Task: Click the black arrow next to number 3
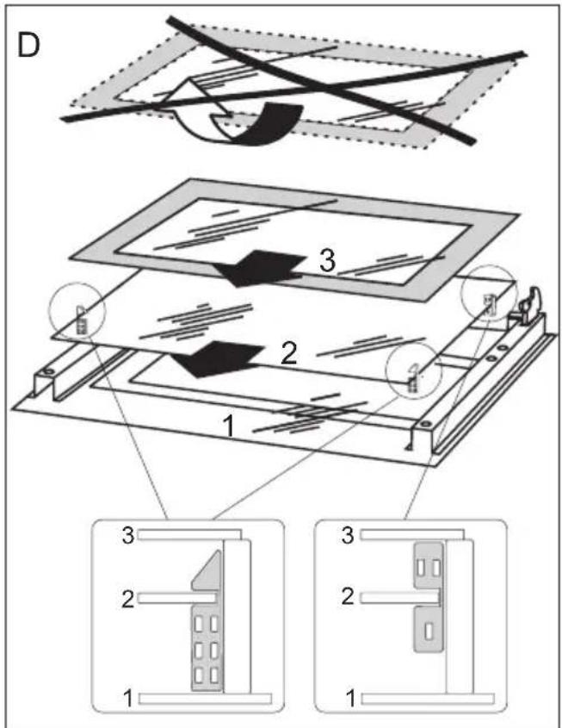(257, 267)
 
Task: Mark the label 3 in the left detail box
(127, 534)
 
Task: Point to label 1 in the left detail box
(127, 695)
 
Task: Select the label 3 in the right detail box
(348, 534)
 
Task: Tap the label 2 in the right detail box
(348, 597)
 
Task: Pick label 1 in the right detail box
(348, 695)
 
